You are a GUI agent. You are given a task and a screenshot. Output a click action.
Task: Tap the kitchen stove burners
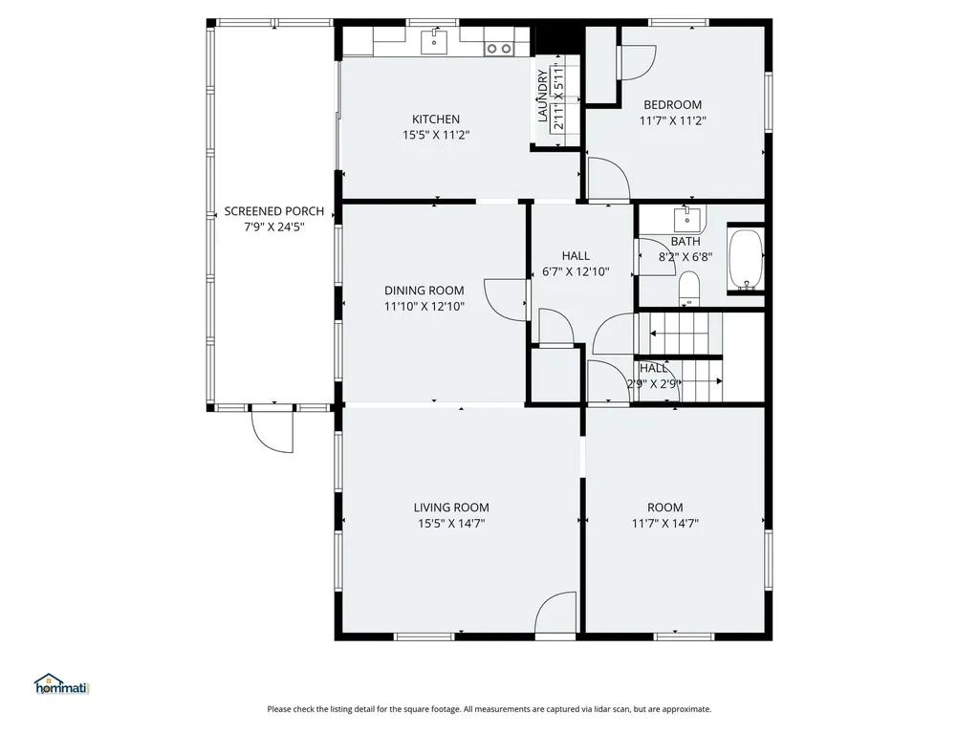(499, 48)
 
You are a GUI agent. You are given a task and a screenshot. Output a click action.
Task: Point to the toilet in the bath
(688, 289)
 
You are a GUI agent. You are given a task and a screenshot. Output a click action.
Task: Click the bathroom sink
(686, 220)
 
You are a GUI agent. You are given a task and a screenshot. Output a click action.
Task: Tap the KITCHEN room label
(436, 119)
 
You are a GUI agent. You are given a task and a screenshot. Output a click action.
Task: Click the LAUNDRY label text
(543, 97)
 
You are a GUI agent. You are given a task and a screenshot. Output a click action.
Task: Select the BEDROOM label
(672, 105)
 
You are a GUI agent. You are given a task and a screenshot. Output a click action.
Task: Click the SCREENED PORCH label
(274, 211)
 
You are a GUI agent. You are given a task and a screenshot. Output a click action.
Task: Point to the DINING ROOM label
(424, 291)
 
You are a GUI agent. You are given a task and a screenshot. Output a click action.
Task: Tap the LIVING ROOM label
(451, 507)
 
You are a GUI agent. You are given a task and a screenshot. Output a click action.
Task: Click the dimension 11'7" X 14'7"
(665, 524)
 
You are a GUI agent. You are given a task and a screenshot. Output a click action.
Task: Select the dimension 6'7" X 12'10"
(576, 272)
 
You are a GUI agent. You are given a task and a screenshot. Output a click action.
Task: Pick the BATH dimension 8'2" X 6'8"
(685, 256)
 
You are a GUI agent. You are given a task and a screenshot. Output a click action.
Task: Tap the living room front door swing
(555, 614)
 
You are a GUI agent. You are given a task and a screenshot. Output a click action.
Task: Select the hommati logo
(62, 684)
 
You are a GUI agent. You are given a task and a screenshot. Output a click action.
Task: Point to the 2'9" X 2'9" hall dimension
(652, 384)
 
